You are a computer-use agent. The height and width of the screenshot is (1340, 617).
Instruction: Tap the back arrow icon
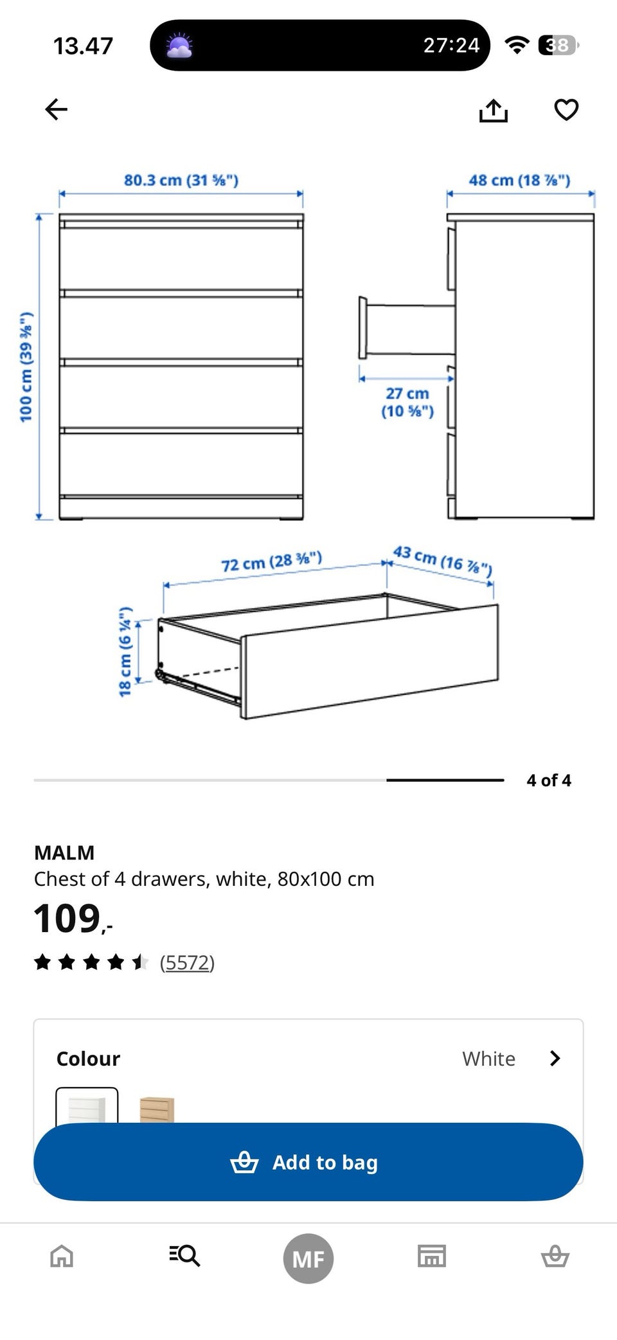(x=56, y=109)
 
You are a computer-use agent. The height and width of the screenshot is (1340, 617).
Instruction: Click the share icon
(x=493, y=110)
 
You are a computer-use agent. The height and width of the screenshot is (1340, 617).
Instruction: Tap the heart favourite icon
(x=566, y=110)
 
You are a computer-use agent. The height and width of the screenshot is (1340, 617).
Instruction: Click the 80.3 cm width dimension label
(x=181, y=180)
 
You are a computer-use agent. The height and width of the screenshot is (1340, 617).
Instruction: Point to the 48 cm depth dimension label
(x=519, y=180)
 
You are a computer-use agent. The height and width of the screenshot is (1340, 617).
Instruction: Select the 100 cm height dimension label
(x=26, y=367)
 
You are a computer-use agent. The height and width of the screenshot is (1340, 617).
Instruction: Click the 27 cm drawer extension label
(x=407, y=402)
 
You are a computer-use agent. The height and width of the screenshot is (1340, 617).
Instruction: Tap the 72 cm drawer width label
(x=271, y=561)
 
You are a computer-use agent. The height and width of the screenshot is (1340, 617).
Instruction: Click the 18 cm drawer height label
(x=125, y=651)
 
